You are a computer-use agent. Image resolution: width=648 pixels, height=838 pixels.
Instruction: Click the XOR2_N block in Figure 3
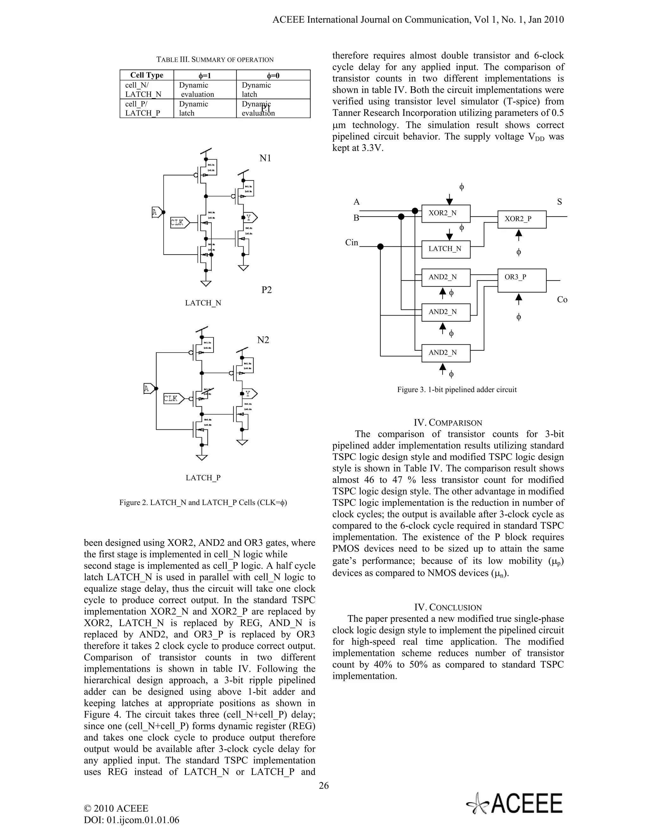click(446, 213)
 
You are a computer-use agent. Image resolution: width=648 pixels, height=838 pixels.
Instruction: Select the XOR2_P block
click(522, 219)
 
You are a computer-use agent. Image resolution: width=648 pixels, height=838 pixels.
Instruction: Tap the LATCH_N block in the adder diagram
click(446, 249)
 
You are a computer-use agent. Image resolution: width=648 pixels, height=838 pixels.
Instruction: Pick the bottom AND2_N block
click(446, 353)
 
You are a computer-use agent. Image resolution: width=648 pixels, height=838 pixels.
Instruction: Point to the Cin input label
click(352, 243)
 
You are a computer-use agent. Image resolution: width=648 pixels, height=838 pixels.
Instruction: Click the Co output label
click(562, 300)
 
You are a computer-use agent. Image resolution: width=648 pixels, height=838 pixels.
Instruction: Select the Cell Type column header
click(146, 75)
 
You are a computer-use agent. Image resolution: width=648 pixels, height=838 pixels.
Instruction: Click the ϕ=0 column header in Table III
click(273, 75)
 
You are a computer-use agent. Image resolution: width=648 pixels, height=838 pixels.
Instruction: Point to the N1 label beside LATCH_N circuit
click(265, 158)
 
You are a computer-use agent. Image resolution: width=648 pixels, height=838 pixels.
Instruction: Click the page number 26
click(324, 786)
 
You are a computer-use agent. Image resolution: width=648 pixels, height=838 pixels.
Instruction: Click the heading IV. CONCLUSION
click(448, 607)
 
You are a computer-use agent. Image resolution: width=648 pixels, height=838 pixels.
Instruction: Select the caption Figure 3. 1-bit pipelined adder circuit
click(457, 390)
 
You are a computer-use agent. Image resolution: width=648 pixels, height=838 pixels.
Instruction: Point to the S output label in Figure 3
click(559, 202)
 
